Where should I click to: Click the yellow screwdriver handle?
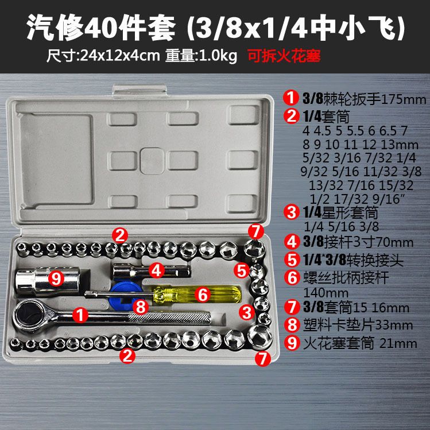197,295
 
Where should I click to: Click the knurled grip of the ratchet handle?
169,318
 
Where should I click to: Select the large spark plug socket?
47,281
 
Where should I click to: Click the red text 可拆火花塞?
284,56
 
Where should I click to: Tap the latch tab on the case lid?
140,91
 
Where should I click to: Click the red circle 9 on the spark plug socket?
56,279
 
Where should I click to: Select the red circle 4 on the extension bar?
157,270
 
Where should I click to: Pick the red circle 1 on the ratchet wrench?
80,315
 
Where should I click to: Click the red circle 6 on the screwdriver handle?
203,295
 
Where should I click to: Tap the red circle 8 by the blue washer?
141,307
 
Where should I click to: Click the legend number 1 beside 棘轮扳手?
291,98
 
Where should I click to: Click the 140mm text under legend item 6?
326,293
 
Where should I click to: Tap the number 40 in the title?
101,28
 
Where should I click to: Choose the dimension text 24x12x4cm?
120,56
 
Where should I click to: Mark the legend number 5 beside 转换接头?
292,260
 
